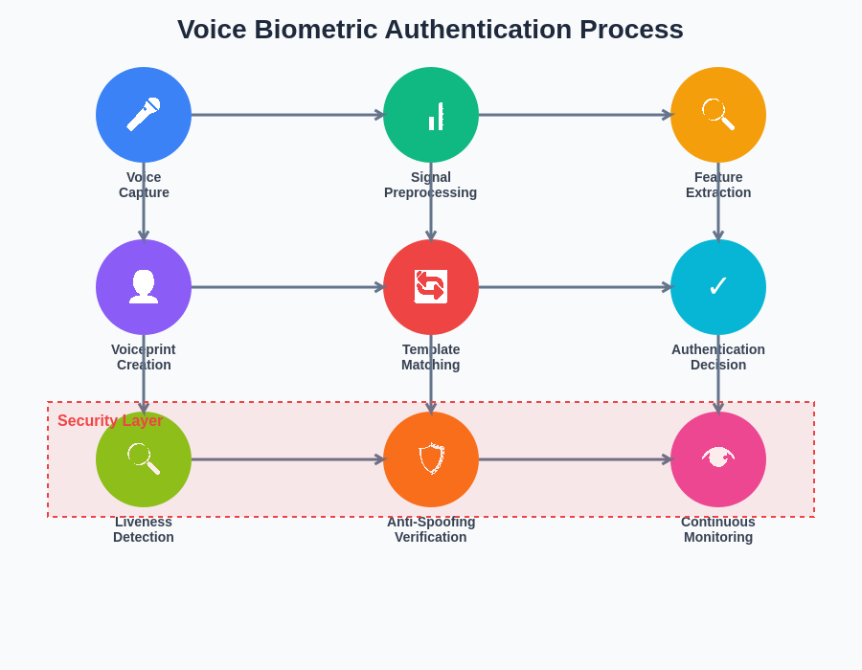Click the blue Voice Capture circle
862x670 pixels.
[x=144, y=115]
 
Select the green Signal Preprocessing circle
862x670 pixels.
[x=431, y=115]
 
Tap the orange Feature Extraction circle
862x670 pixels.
[x=718, y=115]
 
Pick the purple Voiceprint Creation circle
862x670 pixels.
[x=144, y=287]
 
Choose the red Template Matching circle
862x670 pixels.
[x=431, y=287]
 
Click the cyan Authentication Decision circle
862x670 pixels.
[x=718, y=287]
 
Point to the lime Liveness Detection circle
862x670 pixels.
[x=144, y=459]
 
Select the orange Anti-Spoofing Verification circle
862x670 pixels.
[x=431, y=459]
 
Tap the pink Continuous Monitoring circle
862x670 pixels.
[x=718, y=459]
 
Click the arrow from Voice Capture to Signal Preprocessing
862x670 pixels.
[x=287, y=115]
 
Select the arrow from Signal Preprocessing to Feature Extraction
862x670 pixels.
[x=575, y=115]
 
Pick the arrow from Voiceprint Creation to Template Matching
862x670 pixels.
[x=287, y=287]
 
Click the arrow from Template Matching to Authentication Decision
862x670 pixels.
[x=575, y=287]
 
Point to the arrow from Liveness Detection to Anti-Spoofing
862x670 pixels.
[x=287, y=459]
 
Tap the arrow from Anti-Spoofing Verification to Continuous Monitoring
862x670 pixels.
[x=575, y=459]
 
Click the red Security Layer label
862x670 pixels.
[x=109, y=421]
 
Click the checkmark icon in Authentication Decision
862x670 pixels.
[x=718, y=286]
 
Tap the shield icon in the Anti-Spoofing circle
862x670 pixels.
[x=431, y=458]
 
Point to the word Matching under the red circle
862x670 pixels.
[x=431, y=365]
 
